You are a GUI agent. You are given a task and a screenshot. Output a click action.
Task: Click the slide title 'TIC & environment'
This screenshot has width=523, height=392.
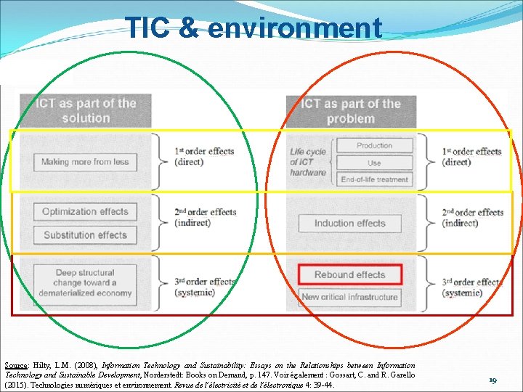coord(254,28)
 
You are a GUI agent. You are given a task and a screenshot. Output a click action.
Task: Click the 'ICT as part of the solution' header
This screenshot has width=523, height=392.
coord(86,110)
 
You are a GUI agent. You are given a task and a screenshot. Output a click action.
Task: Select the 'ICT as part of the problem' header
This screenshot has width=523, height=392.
coord(350,110)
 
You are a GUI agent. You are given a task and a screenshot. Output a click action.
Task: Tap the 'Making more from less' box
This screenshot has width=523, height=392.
coord(85,162)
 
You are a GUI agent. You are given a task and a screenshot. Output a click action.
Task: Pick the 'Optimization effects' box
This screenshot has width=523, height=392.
coord(85,212)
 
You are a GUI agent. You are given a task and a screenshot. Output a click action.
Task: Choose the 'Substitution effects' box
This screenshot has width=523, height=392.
coord(85,235)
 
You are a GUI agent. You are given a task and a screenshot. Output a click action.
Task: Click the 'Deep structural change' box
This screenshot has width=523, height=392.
coord(85,282)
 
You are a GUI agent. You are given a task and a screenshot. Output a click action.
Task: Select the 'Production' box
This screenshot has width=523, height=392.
coord(374,145)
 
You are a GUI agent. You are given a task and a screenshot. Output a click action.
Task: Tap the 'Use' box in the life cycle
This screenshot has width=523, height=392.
coord(374,163)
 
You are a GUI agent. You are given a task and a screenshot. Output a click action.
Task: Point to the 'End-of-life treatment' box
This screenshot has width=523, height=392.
coord(374,179)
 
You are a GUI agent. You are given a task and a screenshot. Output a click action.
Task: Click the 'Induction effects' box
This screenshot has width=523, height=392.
coord(349,224)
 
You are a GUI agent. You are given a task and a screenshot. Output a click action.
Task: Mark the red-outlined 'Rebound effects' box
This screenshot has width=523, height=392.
coord(349,274)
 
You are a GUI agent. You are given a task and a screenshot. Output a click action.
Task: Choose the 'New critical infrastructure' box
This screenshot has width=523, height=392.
coord(349,297)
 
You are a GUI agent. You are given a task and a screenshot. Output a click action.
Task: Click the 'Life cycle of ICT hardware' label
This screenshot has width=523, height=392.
coord(308,162)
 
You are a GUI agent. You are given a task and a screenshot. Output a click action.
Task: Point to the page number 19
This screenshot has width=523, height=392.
coord(493,380)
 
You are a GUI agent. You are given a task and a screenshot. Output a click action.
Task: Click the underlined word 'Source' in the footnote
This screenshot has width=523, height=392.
coord(15,365)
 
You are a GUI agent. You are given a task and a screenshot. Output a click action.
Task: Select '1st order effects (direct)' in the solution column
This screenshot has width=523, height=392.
coord(204,156)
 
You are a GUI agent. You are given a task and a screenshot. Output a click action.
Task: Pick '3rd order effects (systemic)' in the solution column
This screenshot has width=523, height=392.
coord(204,287)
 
